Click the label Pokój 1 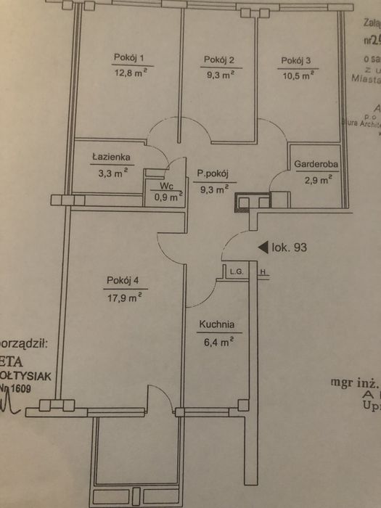(x=129, y=58)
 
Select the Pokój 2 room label (x=218, y=60)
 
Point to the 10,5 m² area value (x=297, y=73)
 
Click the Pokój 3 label (x=296, y=60)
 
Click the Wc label (x=166, y=186)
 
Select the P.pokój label (x=213, y=173)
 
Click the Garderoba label (x=316, y=164)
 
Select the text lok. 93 (x=290, y=247)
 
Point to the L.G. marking (x=234, y=272)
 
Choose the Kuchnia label (x=218, y=326)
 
